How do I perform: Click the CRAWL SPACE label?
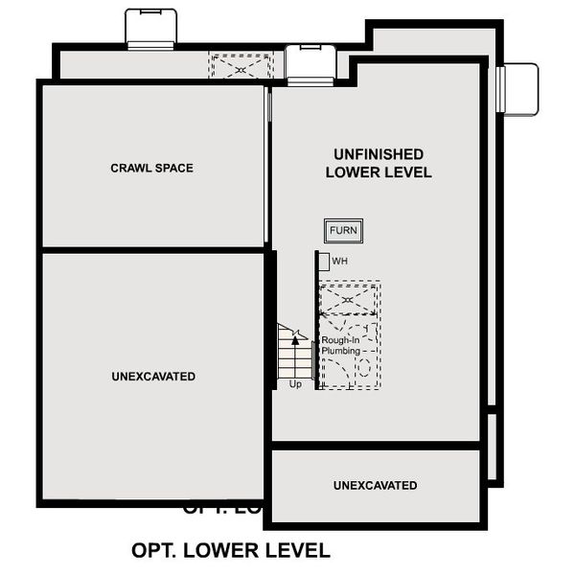[151, 168]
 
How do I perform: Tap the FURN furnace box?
[343, 231]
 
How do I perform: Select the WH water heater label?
[339, 261]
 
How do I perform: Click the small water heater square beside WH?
[324, 261]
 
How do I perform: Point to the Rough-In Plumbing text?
[340, 346]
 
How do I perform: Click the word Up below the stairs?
[295, 384]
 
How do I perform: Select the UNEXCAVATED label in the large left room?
[153, 377]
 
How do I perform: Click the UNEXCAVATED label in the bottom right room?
[375, 486]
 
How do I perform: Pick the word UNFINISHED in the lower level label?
[379, 154]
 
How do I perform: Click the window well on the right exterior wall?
[518, 88]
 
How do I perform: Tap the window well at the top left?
[150, 28]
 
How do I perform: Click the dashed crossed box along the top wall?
[241, 67]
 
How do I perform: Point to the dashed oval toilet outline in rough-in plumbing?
[364, 367]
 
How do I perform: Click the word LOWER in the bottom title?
[223, 551]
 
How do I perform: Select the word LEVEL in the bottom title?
[296, 551]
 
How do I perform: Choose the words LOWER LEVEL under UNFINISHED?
[379, 172]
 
